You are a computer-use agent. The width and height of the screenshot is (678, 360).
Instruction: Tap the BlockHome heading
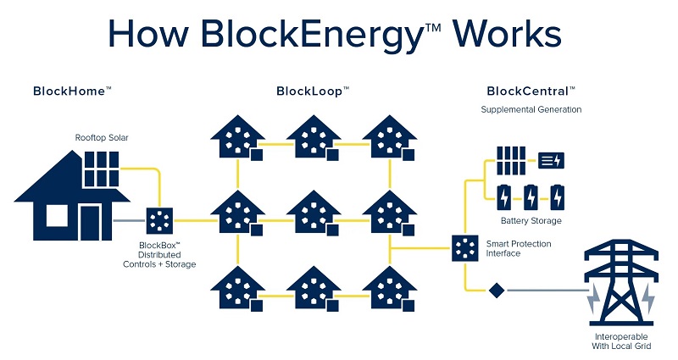pyautogui.click(x=72, y=91)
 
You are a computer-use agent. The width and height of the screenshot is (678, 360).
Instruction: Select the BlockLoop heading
pyautogui.click(x=313, y=91)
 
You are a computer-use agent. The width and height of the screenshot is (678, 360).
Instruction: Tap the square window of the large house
pyautogui.click(x=57, y=217)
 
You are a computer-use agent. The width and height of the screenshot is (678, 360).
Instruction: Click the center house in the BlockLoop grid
pyautogui.click(x=313, y=212)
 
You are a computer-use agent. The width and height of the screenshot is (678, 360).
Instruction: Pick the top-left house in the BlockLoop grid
pyautogui.click(x=236, y=137)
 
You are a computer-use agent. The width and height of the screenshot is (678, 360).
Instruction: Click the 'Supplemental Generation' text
pyautogui.click(x=531, y=110)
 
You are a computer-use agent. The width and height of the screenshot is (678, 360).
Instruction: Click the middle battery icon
pyautogui.click(x=531, y=197)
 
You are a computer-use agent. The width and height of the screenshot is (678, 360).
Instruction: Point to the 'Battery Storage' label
pyautogui.click(x=531, y=221)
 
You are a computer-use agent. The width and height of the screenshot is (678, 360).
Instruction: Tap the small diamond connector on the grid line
pyautogui.click(x=496, y=291)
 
